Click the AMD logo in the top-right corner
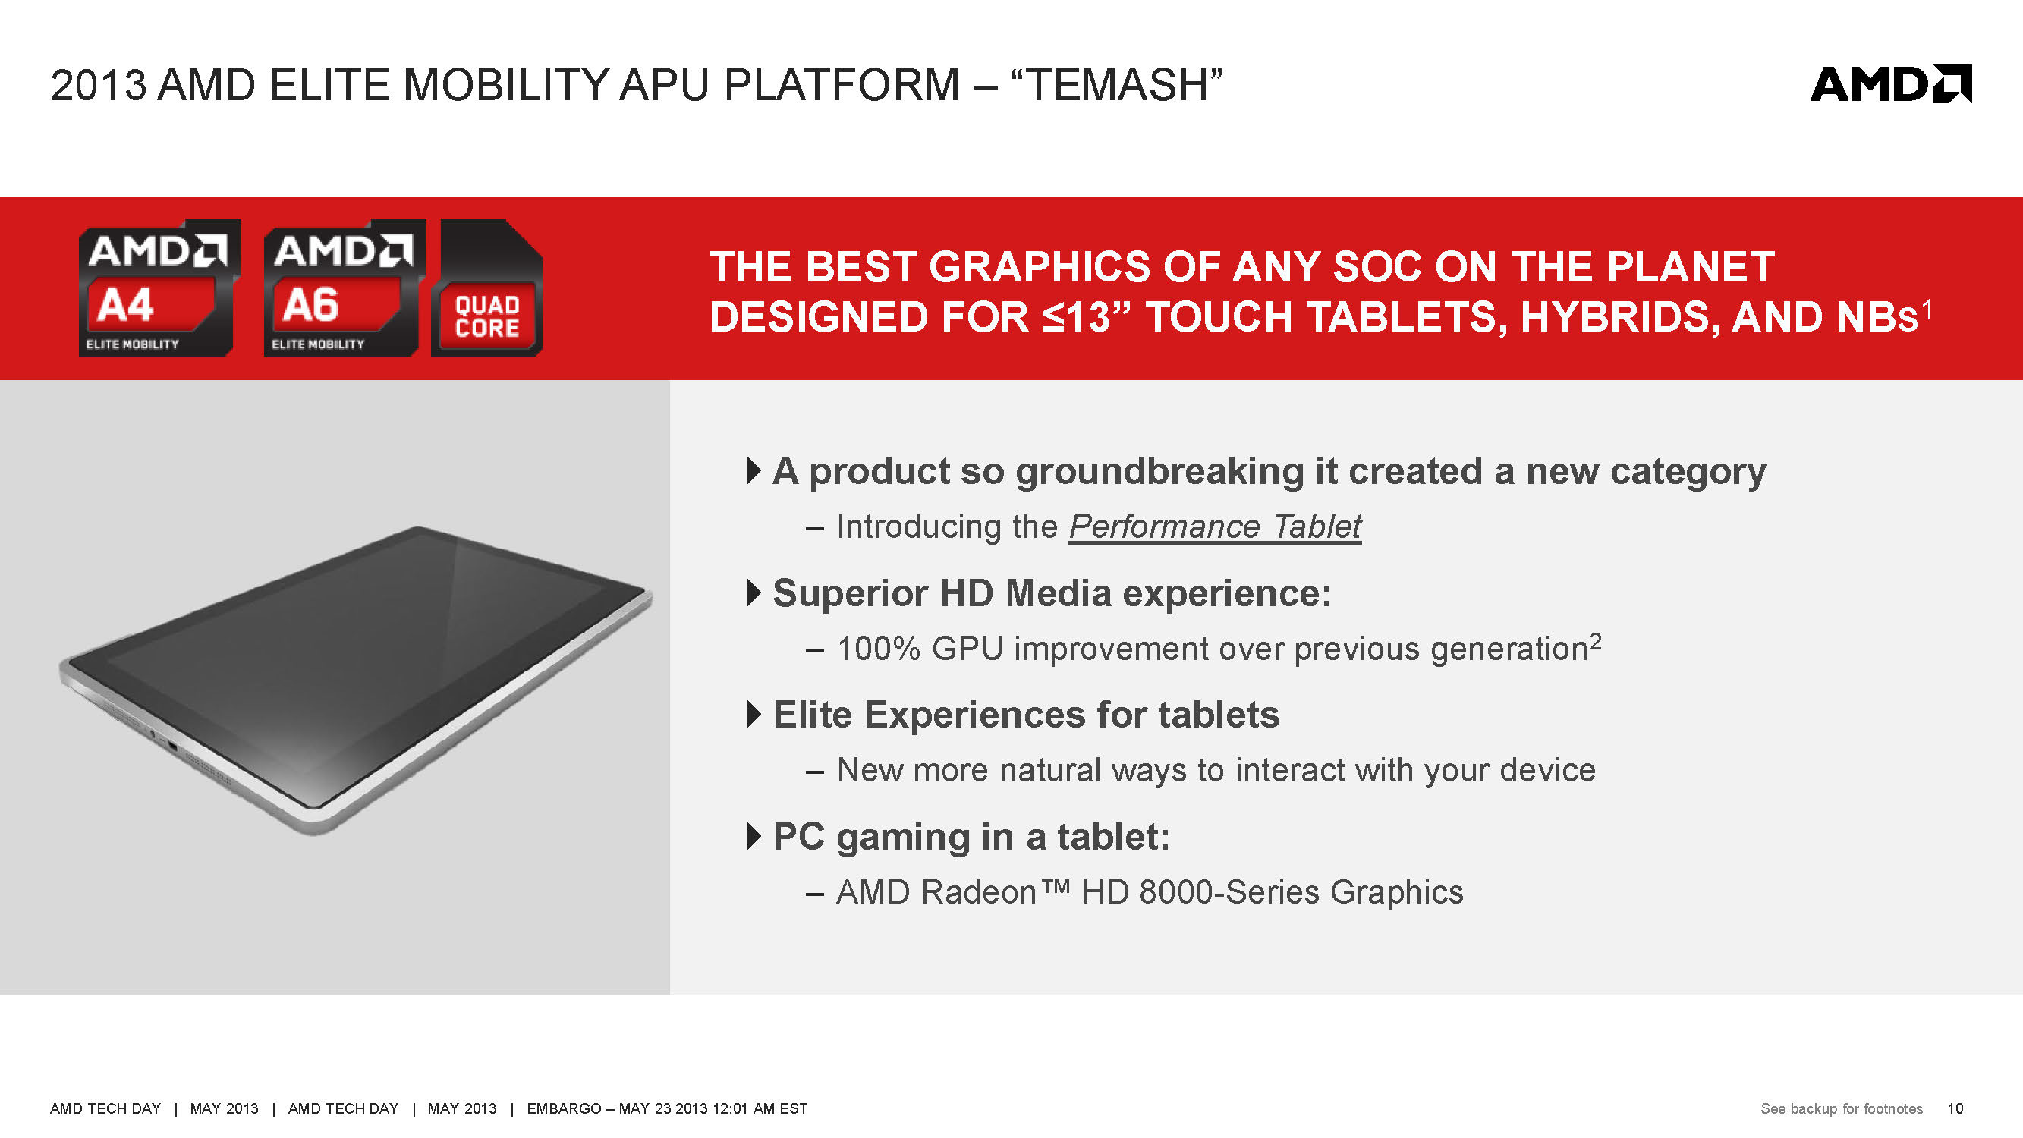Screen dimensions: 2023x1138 pyautogui.click(x=1890, y=83)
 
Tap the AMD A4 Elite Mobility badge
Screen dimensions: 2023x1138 pyautogui.click(x=159, y=288)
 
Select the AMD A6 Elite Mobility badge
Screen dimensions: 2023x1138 pyautogui.click(x=345, y=288)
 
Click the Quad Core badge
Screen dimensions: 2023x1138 pyautogui.click(x=487, y=288)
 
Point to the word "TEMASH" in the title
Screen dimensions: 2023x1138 pyautogui.click(x=1117, y=85)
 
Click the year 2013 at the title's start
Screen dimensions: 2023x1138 pyautogui.click(x=98, y=85)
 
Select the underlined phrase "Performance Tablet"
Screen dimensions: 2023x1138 pyautogui.click(x=1215, y=527)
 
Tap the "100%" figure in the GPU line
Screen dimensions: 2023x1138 pyautogui.click(x=879, y=649)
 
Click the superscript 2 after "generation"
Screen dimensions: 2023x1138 pyautogui.click(x=1595, y=641)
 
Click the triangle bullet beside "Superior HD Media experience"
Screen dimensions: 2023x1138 pyautogui.click(x=754, y=593)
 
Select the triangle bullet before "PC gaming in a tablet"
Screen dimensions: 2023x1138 pyautogui.click(x=754, y=836)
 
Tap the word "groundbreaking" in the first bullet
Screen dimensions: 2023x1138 pyautogui.click(x=1166, y=472)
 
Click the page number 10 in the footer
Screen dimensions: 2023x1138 pyautogui.click(x=1955, y=1108)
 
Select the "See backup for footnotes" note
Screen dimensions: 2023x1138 pyautogui.click(x=1842, y=1108)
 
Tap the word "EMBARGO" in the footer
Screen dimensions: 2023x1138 pyautogui.click(x=564, y=1108)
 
